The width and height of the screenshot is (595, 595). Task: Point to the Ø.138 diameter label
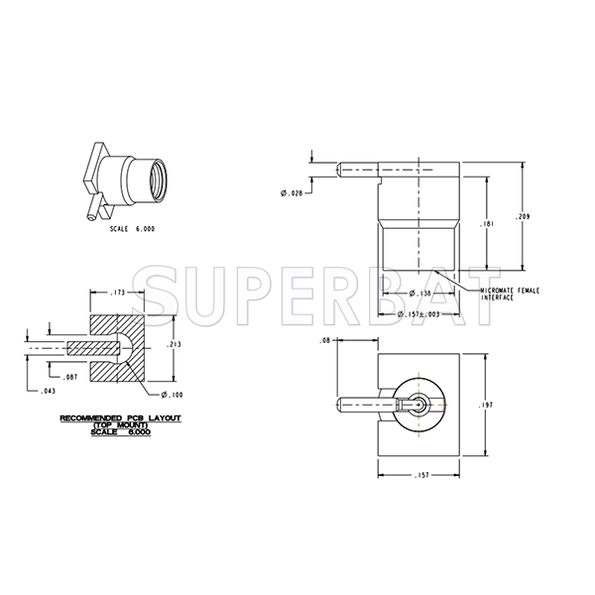[x=416, y=295]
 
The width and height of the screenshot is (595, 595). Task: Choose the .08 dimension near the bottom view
[x=324, y=341]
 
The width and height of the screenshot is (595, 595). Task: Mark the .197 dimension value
[x=484, y=405]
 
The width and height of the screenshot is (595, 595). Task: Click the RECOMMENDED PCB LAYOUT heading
[x=120, y=417]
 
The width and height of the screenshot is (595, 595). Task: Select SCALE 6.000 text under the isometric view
[x=132, y=228]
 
